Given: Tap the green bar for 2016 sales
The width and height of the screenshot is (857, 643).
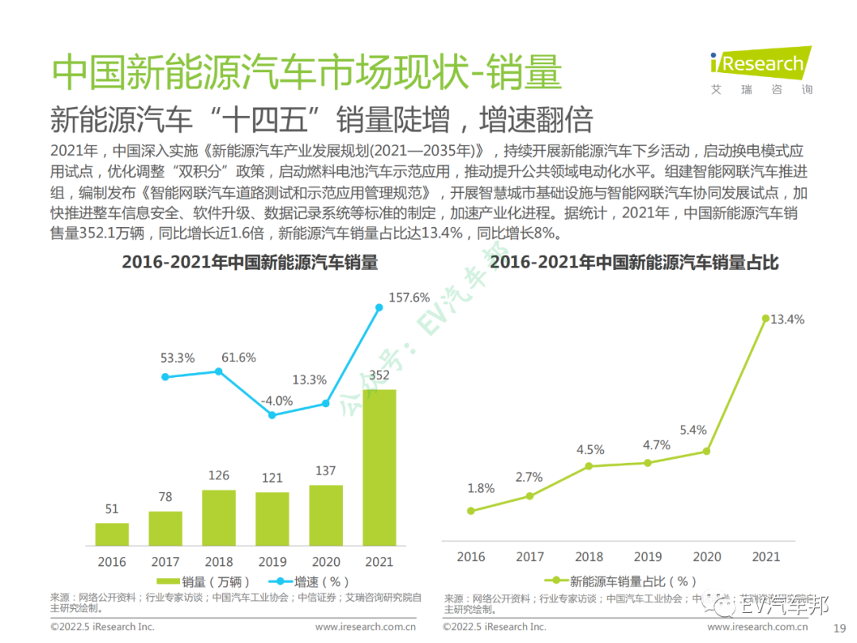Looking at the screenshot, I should click(112, 533).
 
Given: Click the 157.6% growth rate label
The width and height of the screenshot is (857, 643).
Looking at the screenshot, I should click(409, 298).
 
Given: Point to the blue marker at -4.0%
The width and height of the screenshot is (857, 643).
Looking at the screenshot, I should click(272, 414).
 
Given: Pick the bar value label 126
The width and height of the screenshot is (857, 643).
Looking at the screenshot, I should click(218, 476).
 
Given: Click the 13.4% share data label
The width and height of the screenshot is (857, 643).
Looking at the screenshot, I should click(788, 319).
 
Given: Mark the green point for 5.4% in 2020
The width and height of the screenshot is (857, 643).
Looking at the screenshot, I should click(706, 451).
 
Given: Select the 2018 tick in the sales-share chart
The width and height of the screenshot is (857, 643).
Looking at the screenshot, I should click(589, 556).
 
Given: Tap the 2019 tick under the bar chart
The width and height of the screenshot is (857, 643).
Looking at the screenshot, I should click(272, 562).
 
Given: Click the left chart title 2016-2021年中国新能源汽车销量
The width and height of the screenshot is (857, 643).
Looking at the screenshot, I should click(249, 262).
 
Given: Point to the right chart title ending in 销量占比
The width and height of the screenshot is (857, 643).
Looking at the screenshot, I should click(634, 262).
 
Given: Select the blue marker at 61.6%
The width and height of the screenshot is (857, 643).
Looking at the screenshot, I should click(218, 372).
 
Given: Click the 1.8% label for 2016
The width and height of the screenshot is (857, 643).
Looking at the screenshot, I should click(481, 488).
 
